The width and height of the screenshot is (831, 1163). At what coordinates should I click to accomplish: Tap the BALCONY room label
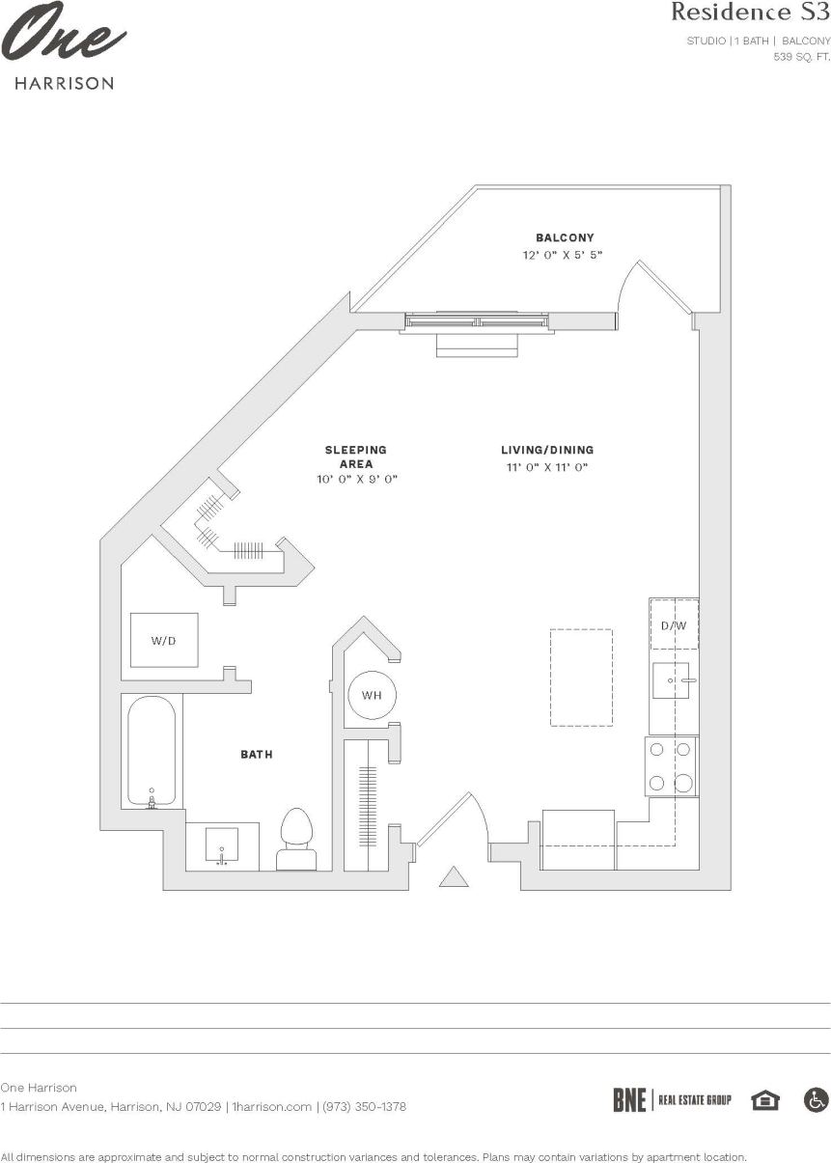tap(565, 237)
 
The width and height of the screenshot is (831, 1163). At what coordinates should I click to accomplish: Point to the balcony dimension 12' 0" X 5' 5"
tap(565, 256)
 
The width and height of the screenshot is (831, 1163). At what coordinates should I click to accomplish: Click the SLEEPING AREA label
tap(355, 457)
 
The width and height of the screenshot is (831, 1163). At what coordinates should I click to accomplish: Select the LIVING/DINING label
tap(546, 450)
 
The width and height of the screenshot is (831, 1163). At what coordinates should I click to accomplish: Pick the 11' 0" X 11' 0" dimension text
tap(546, 467)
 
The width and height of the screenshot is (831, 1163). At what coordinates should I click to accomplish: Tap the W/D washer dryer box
tap(164, 640)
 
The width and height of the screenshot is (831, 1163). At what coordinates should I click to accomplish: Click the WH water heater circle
tap(372, 695)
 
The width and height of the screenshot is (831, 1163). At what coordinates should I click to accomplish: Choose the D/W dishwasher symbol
tap(674, 625)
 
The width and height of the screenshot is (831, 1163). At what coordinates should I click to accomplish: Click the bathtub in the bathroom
tap(152, 751)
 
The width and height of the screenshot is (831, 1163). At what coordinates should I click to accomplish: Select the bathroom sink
tap(222, 846)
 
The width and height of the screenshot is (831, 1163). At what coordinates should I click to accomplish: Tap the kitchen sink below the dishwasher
tap(672, 680)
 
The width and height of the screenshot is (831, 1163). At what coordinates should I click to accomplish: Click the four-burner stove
tap(671, 766)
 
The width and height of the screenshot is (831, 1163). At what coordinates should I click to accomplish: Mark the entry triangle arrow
tap(454, 876)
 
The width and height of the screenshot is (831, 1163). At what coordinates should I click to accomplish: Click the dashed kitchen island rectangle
tap(581, 677)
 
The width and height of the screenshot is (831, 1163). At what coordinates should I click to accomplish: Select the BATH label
tap(256, 754)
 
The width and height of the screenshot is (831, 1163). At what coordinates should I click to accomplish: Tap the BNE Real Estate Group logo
tap(672, 1099)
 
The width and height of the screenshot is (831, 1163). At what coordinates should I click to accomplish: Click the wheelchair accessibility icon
tap(816, 1099)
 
